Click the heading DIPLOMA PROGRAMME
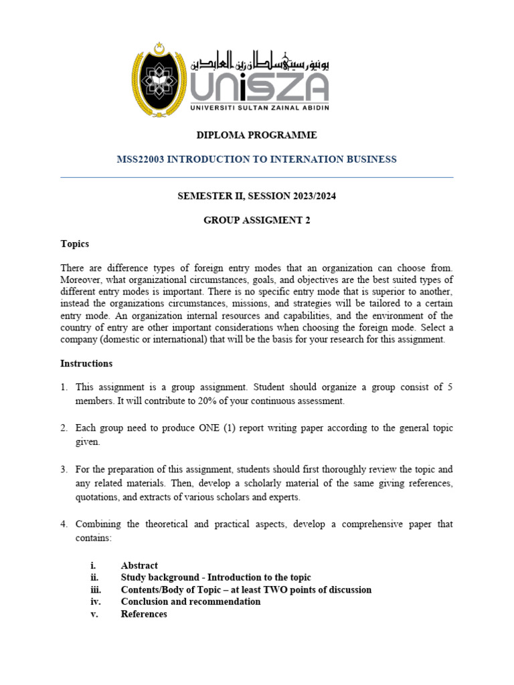click(x=256, y=135)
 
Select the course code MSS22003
click(x=140, y=159)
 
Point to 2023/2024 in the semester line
click(x=314, y=196)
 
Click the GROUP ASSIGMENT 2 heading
click(x=256, y=220)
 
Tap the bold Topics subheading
click(x=74, y=243)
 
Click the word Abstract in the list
click(x=139, y=565)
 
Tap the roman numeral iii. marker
click(x=95, y=589)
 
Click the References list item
click(x=144, y=613)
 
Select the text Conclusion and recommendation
click(x=191, y=601)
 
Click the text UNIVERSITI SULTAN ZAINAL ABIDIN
click(x=259, y=107)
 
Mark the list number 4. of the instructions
click(x=64, y=524)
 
